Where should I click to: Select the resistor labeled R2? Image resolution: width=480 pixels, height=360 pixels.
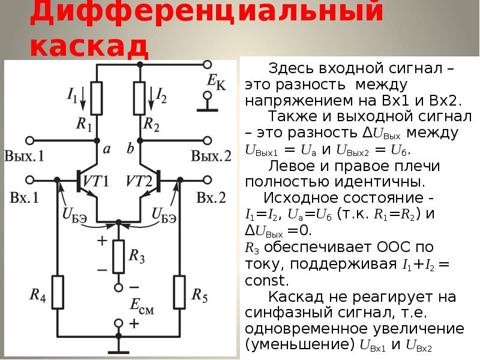tap(140, 97)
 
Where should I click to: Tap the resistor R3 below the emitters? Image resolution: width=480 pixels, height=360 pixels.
tap(118, 256)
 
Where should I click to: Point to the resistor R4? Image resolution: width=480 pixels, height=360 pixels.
tap(57, 292)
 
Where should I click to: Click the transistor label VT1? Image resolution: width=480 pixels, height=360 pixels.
tap(97, 181)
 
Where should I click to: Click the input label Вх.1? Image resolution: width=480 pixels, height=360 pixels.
tap(24, 198)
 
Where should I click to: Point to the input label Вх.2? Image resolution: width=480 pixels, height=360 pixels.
tap(211, 198)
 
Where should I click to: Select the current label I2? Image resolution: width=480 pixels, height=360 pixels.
tap(161, 94)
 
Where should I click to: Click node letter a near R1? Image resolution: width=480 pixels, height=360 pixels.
tap(106, 150)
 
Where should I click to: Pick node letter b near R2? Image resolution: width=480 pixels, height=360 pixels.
tap(130, 149)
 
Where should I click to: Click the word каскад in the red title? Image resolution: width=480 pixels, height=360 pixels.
tap(88, 46)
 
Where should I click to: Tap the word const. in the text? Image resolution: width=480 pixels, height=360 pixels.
tap(268, 280)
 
